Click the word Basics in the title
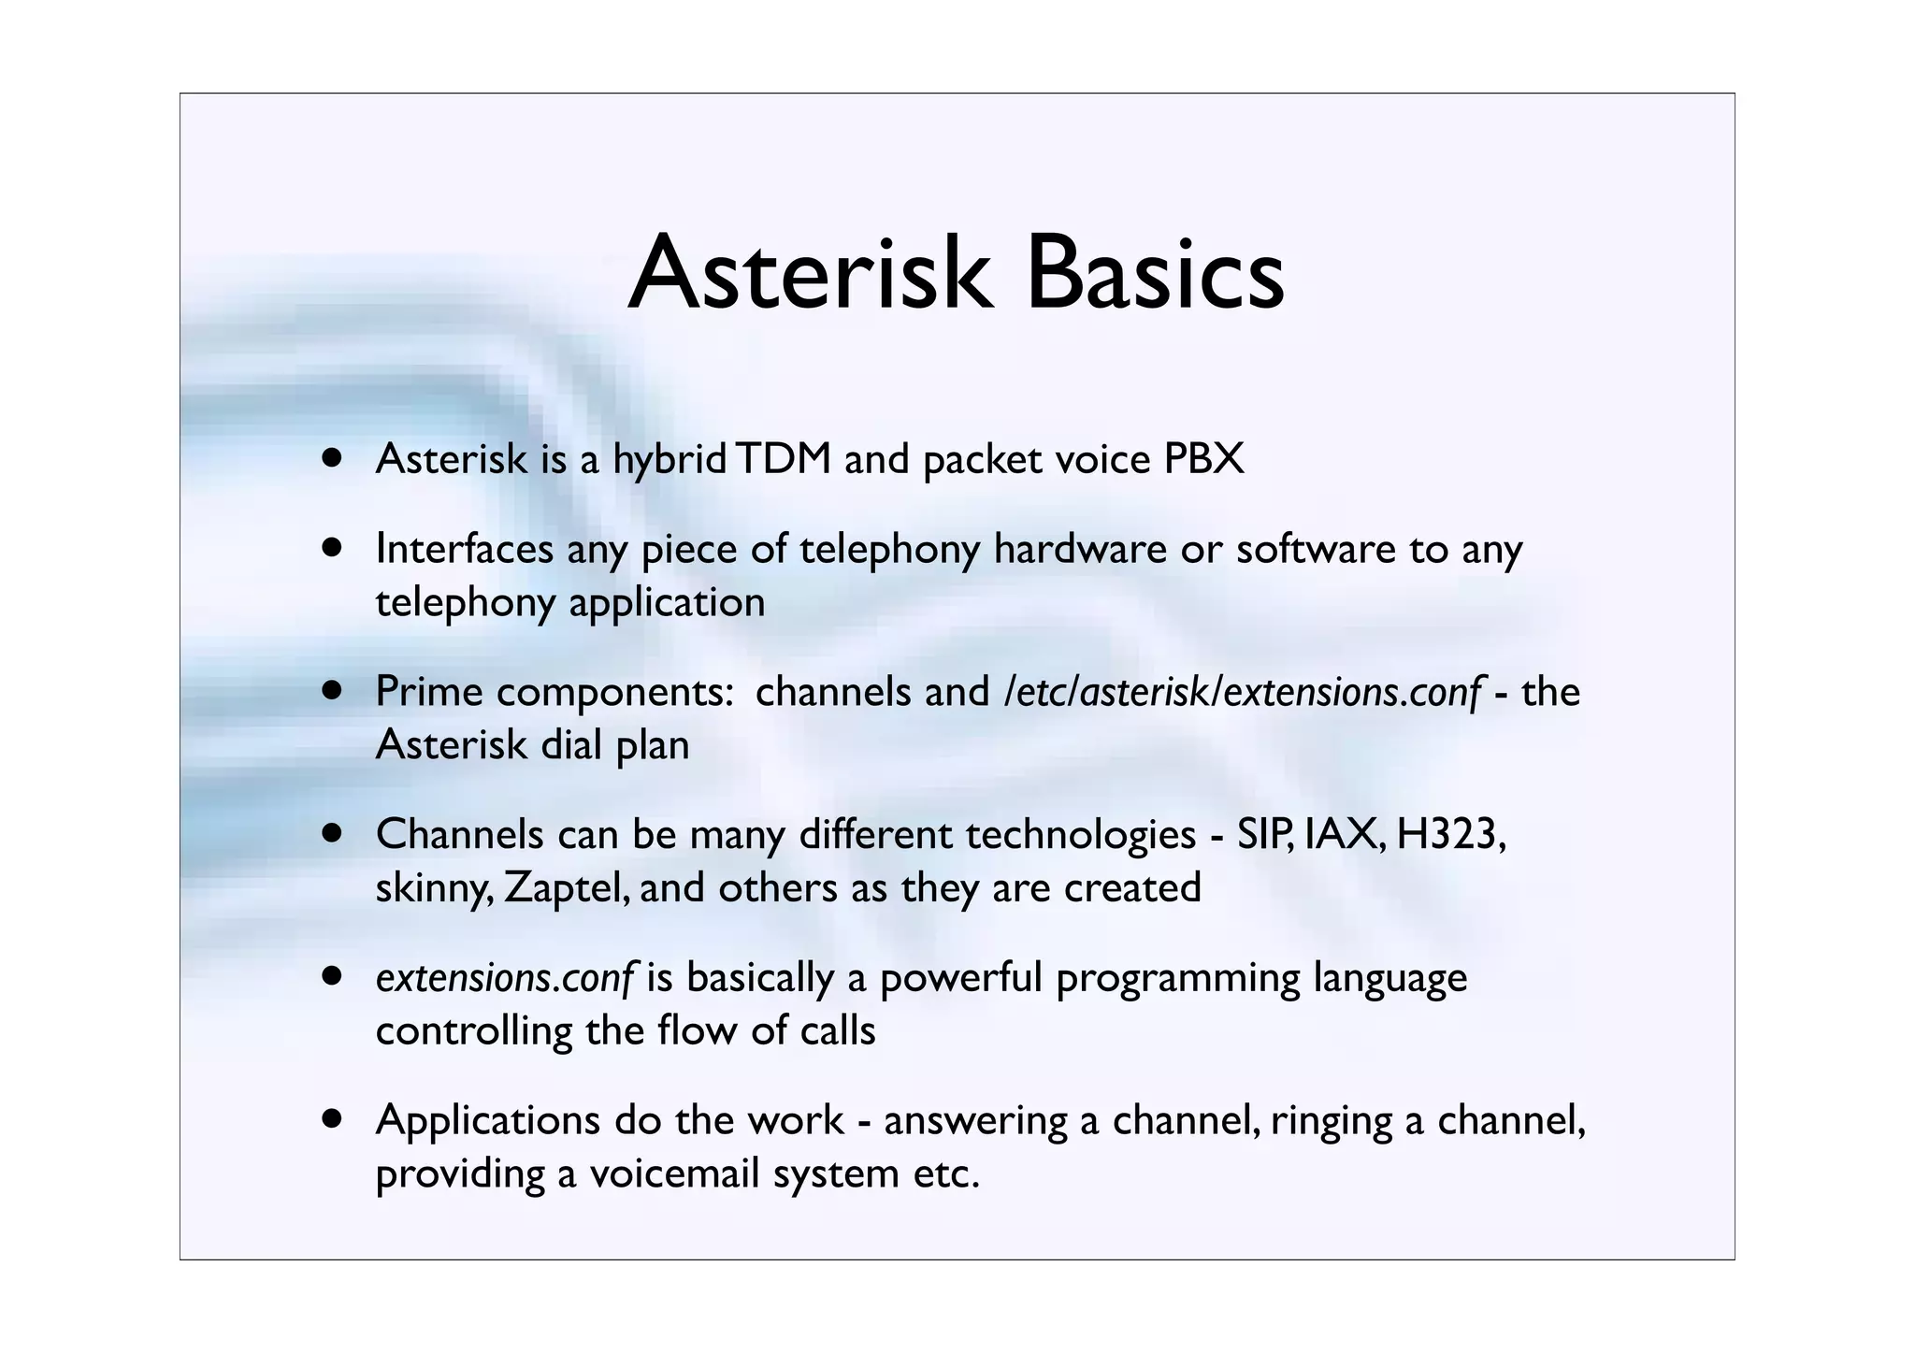pyautogui.click(x=1155, y=274)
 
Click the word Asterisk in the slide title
pyautogui.click(x=809, y=274)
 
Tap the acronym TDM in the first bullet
pyautogui.click(x=784, y=459)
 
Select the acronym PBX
pyautogui.click(x=1203, y=459)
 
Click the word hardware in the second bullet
pyautogui.click(x=1080, y=549)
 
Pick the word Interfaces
pyautogui.click(x=465, y=549)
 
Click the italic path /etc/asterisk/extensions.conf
pyautogui.click(x=1242, y=692)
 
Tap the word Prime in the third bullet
pyautogui.click(x=428, y=692)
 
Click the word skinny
pyautogui.click(x=431, y=888)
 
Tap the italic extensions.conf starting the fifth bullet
pyautogui.click(x=505, y=978)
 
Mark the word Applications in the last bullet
pyautogui.click(x=487, y=1121)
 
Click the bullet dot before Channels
pyautogui.click(x=331, y=833)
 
